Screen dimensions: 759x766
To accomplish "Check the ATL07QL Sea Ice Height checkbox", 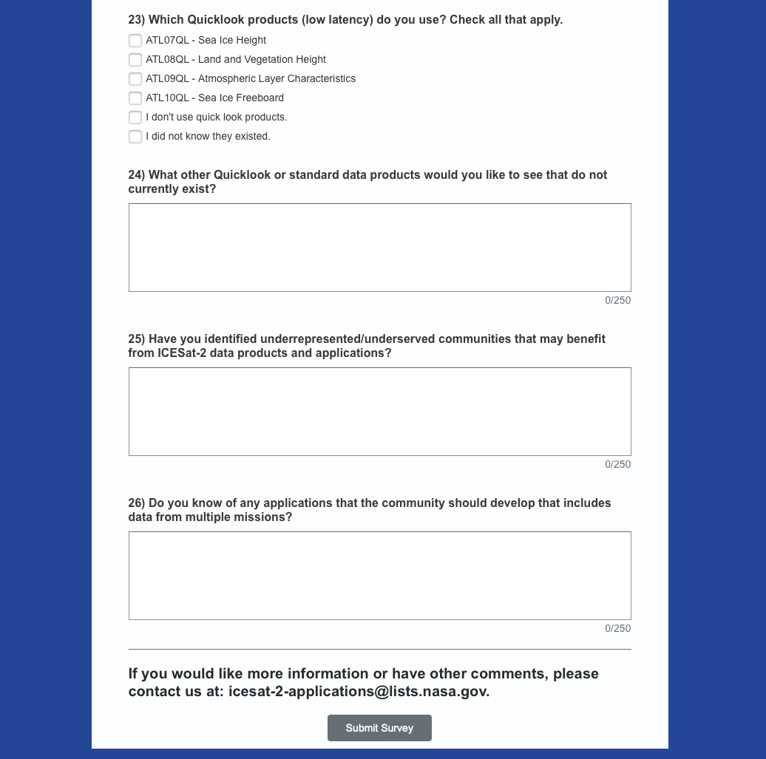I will [x=135, y=41].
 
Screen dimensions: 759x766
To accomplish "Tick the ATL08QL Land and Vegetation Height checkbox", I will [x=135, y=60].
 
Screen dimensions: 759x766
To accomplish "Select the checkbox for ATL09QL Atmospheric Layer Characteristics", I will [x=135, y=79].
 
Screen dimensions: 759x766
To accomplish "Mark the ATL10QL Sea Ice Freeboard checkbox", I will [x=135, y=98].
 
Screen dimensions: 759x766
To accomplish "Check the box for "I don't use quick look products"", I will [x=135, y=118].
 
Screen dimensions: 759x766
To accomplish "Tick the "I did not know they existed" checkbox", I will [x=135, y=137].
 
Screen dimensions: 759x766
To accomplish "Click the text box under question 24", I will [x=379, y=248].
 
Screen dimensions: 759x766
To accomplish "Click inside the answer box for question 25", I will [x=379, y=412].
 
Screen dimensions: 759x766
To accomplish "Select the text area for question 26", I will [x=379, y=576].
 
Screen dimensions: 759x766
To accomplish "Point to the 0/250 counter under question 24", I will [x=617, y=301].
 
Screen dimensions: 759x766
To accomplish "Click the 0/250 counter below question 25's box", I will [x=617, y=465].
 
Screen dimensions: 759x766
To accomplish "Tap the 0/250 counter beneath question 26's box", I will [x=617, y=629].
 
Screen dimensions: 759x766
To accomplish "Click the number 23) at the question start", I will [x=137, y=20].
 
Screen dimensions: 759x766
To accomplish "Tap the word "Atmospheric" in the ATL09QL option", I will [x=227, y=79].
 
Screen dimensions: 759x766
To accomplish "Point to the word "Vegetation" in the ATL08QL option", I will [x=267, y=60].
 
